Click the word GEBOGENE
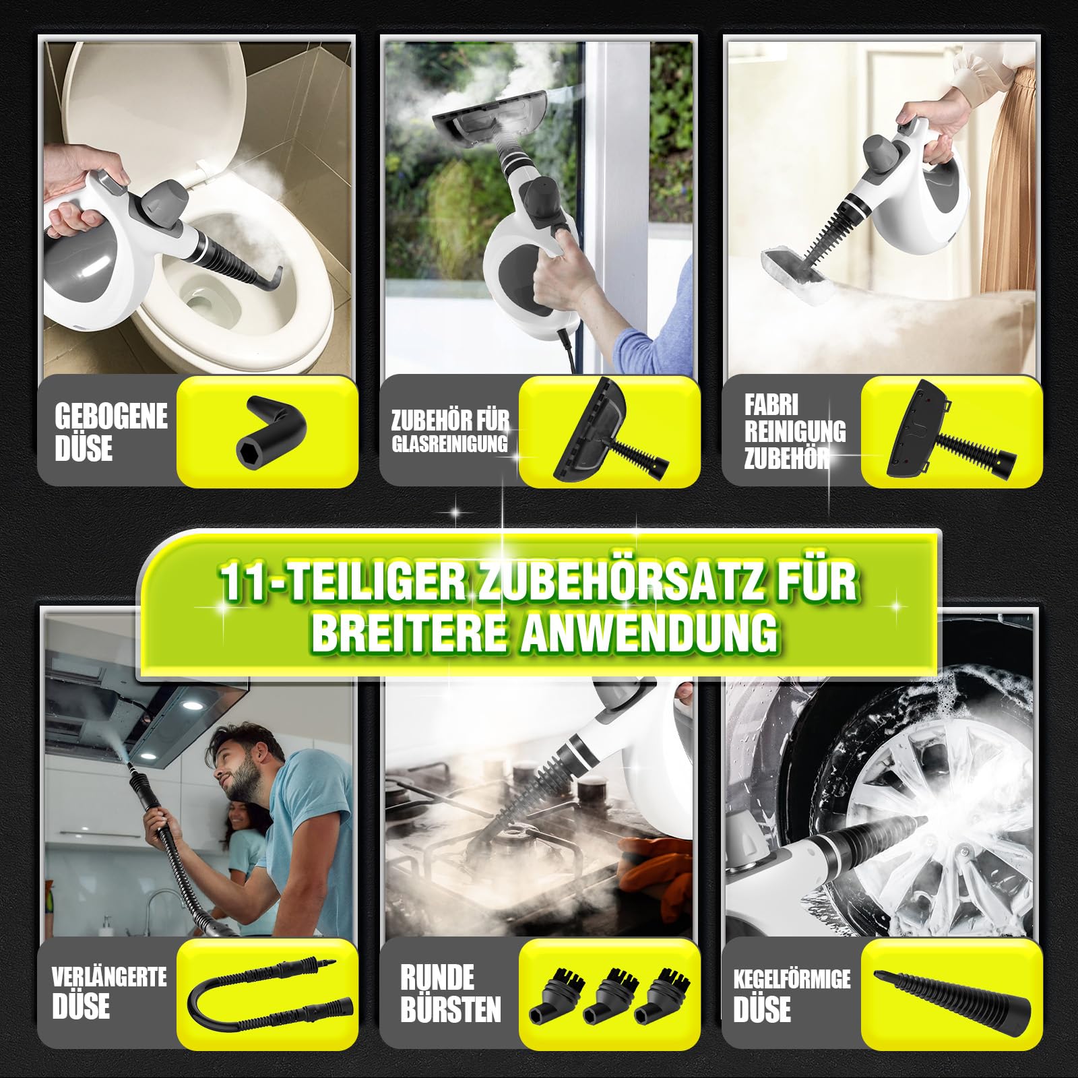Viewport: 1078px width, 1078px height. coord(111,416)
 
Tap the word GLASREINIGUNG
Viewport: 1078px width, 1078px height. coord(449,444)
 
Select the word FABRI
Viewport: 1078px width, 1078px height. coord(771,405)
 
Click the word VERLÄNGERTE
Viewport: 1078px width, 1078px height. coord(109,976)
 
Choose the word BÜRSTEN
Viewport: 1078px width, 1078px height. coord(450,1009)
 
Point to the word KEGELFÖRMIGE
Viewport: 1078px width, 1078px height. coord(792,979)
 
